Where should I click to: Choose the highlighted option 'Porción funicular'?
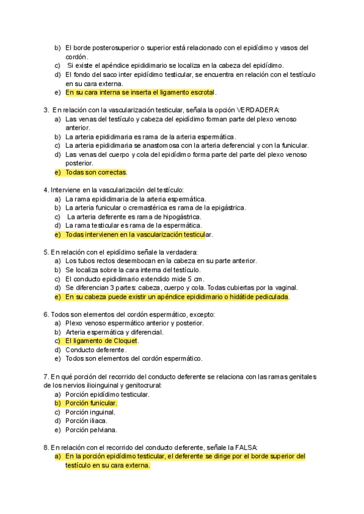(91, 403)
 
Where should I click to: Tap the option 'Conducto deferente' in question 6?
(95, 350)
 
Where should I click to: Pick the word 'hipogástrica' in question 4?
(181, 216)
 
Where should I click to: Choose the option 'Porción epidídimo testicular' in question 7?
(107, 394)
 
